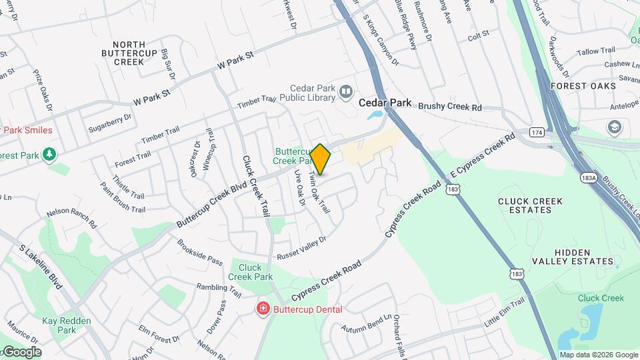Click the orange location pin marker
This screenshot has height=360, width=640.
pos(321,159)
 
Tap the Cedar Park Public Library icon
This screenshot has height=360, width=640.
pos(345,91)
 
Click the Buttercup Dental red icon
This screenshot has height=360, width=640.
pos(263,309)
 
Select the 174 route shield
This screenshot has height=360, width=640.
pos(537,133)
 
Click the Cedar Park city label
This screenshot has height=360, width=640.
pos(383,103)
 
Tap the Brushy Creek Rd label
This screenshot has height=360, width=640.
pos(451,107)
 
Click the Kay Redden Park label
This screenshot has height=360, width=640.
pos(58,325)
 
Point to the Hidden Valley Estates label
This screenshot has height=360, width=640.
pos(573,257)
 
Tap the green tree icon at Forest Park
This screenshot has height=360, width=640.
pos(49,155)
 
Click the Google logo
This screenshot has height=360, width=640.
pos(22,352)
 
